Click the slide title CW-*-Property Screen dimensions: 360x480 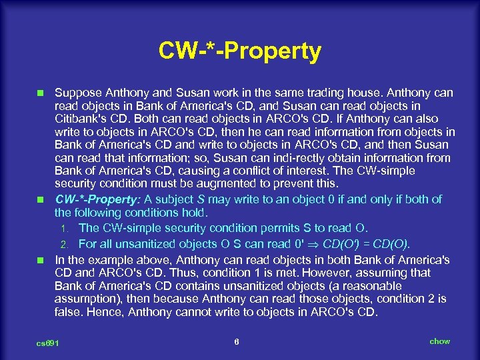(239, 51)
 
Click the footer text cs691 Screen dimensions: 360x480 (47, 343)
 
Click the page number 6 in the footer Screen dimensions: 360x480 (237, 341)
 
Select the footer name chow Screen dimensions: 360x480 (439, 341)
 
